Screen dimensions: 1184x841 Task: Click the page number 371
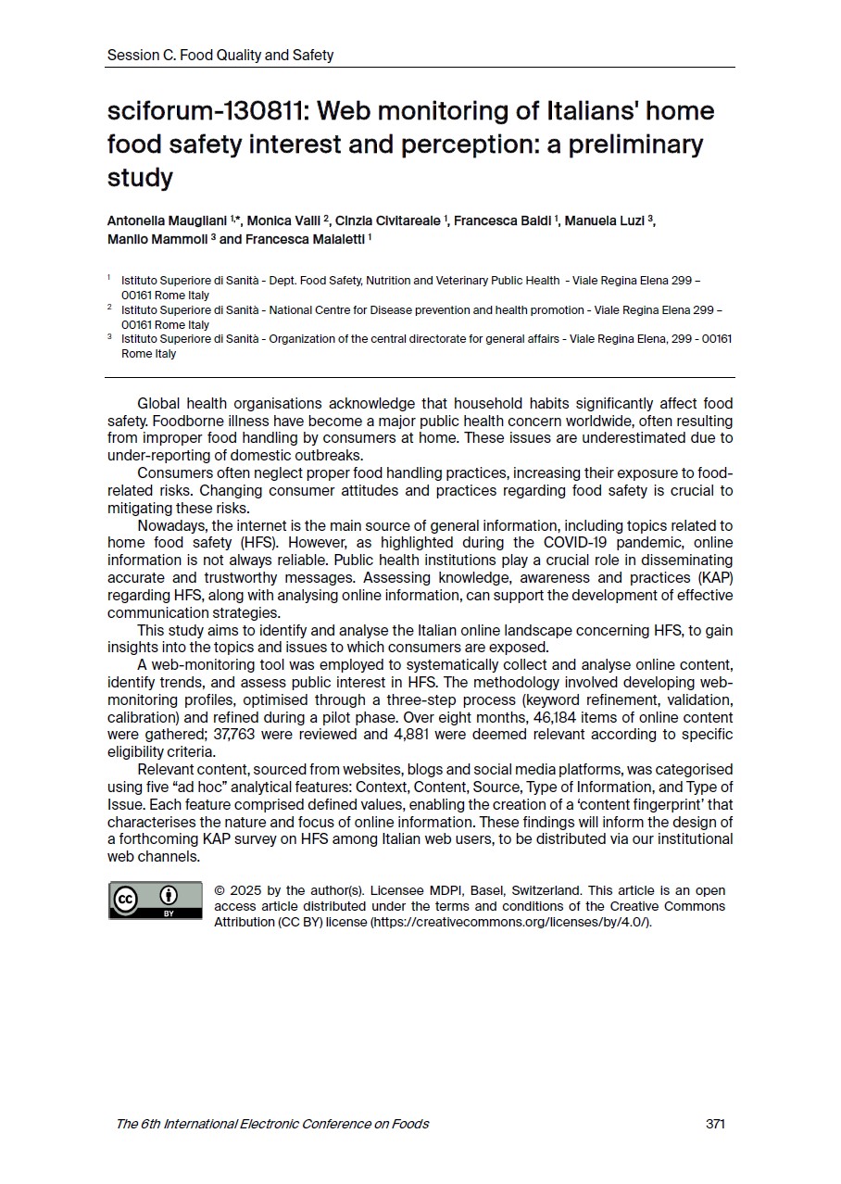click(715, 1124)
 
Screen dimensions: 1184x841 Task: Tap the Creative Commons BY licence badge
click(155, 901)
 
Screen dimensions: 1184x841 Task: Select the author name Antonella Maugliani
click(168, 220)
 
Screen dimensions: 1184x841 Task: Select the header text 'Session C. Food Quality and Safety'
click(220, 56)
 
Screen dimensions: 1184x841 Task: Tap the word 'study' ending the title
click(140, 178)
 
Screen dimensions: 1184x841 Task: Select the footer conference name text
click(272, 1124)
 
